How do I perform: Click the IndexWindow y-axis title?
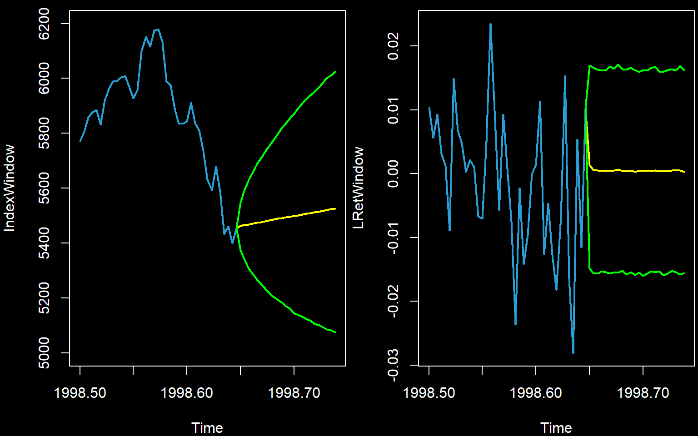tap(10, 188)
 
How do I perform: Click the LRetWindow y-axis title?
tap(359, 188)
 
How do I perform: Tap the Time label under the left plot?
tap(207, 428)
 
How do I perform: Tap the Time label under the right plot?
tap(556, 428)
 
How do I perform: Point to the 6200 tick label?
tap(45, 24)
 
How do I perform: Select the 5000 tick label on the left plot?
tap(45, 353)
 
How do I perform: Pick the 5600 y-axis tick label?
tap(45, 188)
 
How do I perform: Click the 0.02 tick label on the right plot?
tap(394, 46)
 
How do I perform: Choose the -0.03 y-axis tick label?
tap(394, 365)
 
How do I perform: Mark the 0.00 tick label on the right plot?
tap(394, 173)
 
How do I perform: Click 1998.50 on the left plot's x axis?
tap(80, 393)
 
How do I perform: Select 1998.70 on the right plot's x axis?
tap(643, 393)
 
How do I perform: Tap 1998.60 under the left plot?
tap(187, 393)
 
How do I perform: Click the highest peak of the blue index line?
tap(157, 30)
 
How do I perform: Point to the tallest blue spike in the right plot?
tap(490, 24)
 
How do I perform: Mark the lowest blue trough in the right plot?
tap(573, 352)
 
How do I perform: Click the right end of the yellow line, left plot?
tap(335, 208)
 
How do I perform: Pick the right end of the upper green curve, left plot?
tap(335, 72)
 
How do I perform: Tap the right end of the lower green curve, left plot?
tap(335, 332)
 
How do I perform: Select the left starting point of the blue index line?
tap(80, 141)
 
